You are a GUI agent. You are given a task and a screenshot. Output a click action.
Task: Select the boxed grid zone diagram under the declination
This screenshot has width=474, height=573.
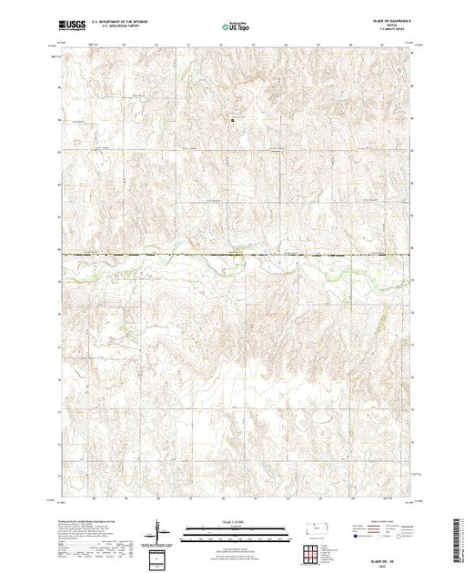[x=160, y=557]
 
